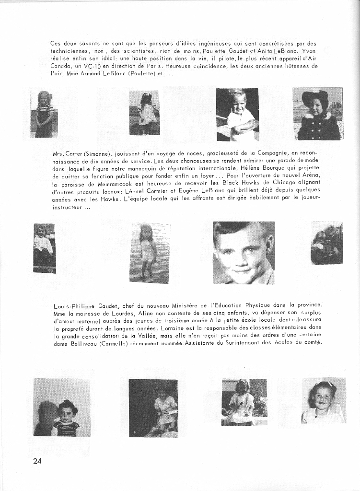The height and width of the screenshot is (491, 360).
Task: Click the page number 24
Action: pos(38,461)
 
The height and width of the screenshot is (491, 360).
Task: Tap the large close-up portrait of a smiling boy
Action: pos(244,253)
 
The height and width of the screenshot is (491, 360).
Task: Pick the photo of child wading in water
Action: pos(149,253)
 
